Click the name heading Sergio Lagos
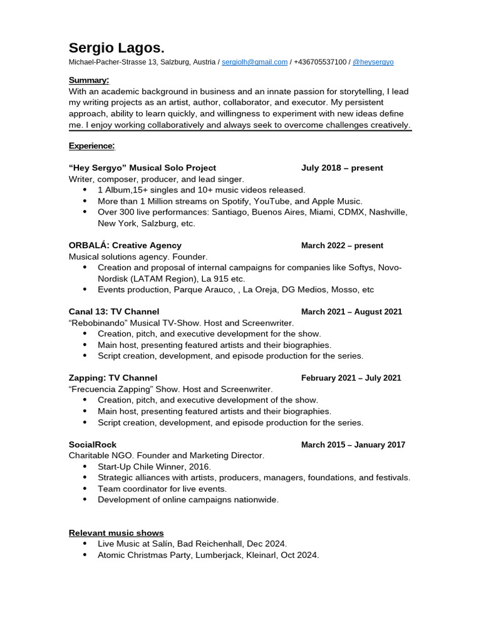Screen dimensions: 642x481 click(x=116, y=48)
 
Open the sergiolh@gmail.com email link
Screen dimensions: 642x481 click(x=254, y=62)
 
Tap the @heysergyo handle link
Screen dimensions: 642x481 click(x=373, y=62)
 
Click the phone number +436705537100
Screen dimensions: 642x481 click(x=319, y=62)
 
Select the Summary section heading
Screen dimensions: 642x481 click(x=88, y=80)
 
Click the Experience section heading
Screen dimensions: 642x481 click(x=91, y=145)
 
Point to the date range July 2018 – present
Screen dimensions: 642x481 click(x=342, y=168)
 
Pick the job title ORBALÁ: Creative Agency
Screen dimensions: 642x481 click(x=125, y=245)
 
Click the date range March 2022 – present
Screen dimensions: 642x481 click(x=342, y=246)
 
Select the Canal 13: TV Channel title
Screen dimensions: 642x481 click(x=113, y=312)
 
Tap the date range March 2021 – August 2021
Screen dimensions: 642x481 click(x=351, y=312)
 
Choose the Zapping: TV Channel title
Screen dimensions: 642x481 click(x=113, y=378)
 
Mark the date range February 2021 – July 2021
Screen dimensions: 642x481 click(x=351, y=378)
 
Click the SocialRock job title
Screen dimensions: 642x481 click(x=92, y=445)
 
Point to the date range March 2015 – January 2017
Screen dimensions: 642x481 click(x=353, y=445)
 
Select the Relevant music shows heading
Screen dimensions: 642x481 click(x=116, y=533)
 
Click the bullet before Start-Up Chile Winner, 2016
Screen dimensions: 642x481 click(x=85, y=467)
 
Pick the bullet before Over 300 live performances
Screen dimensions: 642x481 click(x=85, y=213)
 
